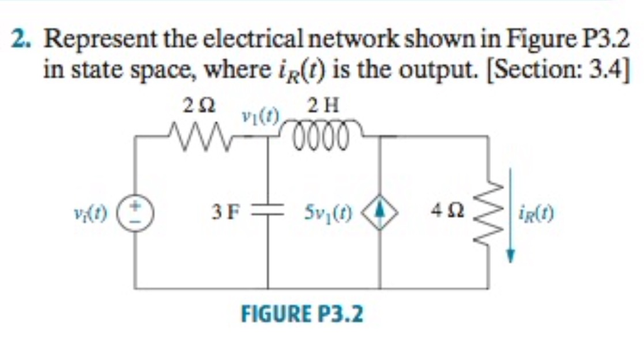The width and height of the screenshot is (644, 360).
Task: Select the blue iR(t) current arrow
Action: coord(511,214)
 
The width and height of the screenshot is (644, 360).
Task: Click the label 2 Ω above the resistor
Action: coord(199,106)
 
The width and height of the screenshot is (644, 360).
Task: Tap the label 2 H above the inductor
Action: coord(324,106)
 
